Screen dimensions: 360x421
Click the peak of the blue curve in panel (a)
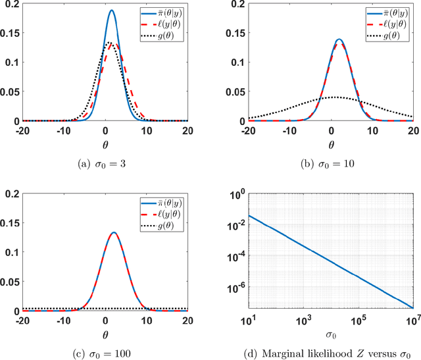click(x=111, y=11)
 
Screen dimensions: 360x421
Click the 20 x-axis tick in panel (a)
click(x=187, y=130)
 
